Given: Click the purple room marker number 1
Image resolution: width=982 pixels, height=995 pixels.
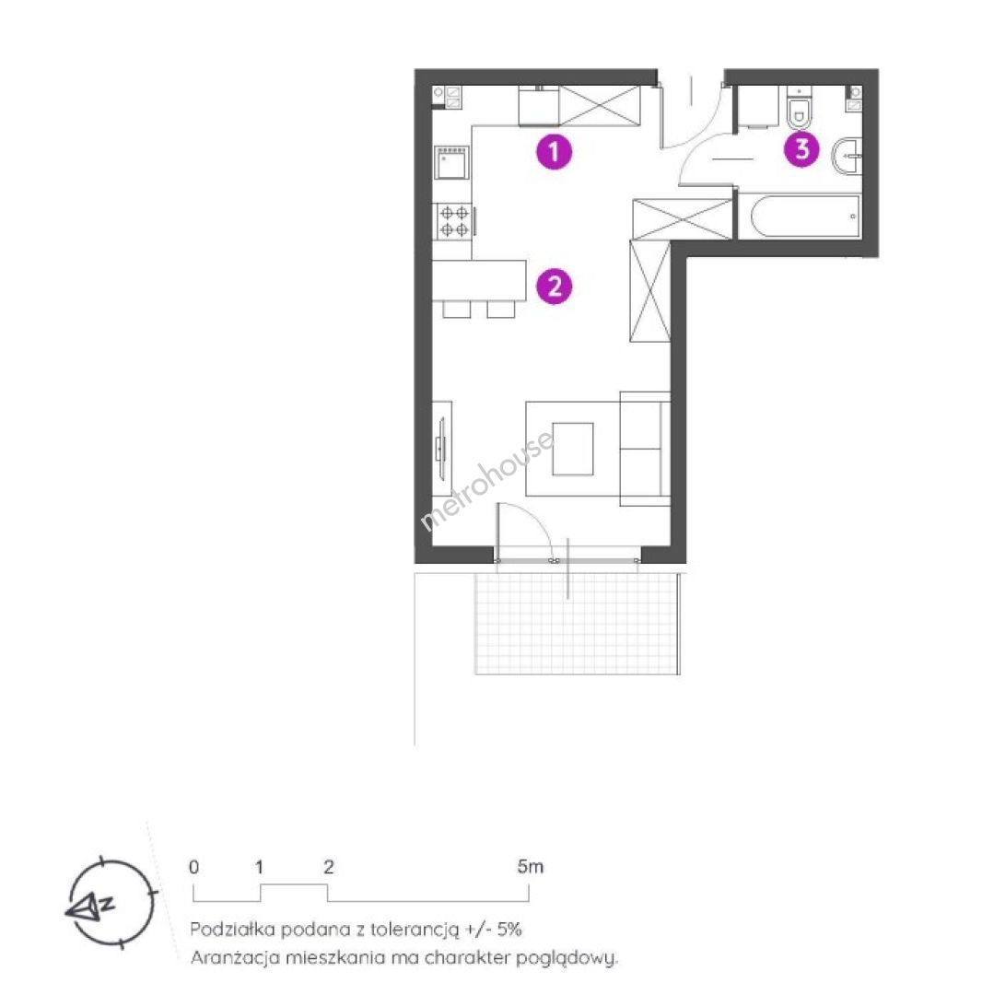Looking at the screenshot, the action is click(x=554, y=152).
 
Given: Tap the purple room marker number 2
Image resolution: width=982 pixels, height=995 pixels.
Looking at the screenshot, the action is click(x=554, y=287).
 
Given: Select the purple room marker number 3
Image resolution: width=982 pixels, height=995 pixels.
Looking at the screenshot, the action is click(x=801, y=149).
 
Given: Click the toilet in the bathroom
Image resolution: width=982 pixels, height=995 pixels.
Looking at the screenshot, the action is click(x=799, y=109).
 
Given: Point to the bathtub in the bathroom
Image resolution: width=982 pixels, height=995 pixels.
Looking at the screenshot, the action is click(x=800, y=217).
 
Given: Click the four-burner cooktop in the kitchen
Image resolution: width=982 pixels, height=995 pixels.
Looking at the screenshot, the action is click(x=453, y=221).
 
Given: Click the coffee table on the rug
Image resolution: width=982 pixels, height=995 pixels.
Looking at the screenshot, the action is click(x=573, y=449).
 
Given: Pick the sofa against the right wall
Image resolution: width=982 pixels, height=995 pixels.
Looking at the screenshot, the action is click(x=645, y=449).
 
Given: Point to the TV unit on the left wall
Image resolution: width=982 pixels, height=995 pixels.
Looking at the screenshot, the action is click(x=441, y=449).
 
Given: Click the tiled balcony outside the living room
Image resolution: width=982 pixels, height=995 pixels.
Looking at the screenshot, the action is click(x=577, y=623).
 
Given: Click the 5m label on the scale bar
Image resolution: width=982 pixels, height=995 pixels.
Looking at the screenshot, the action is click(x=531, y=866).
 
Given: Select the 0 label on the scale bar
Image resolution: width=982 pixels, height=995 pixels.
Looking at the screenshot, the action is click(x=194, y=867).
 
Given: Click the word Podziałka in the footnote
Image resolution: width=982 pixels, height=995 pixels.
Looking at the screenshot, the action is click(x=232, y=930).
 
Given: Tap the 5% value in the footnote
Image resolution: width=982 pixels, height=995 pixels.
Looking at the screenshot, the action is click(x=509, y=930).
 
